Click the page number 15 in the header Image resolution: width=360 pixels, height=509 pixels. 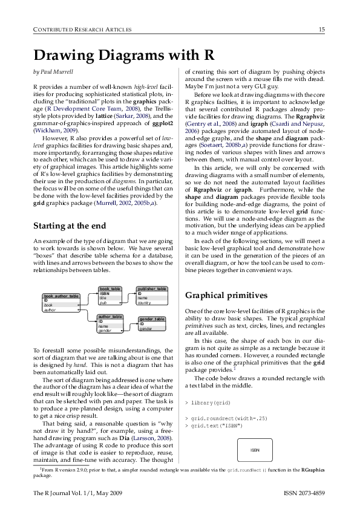point(322,30)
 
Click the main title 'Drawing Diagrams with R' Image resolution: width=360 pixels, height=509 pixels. point(123,56)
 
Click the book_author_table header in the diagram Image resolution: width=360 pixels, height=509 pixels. point(61,296)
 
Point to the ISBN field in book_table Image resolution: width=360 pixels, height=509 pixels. point(104,294)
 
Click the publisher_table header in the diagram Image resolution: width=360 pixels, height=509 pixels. point(152,289)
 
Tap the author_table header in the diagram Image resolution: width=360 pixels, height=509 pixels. point(110,316)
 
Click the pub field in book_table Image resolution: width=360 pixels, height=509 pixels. point(103,302)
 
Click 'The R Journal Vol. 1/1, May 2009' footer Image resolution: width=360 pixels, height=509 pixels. point(78,494)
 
